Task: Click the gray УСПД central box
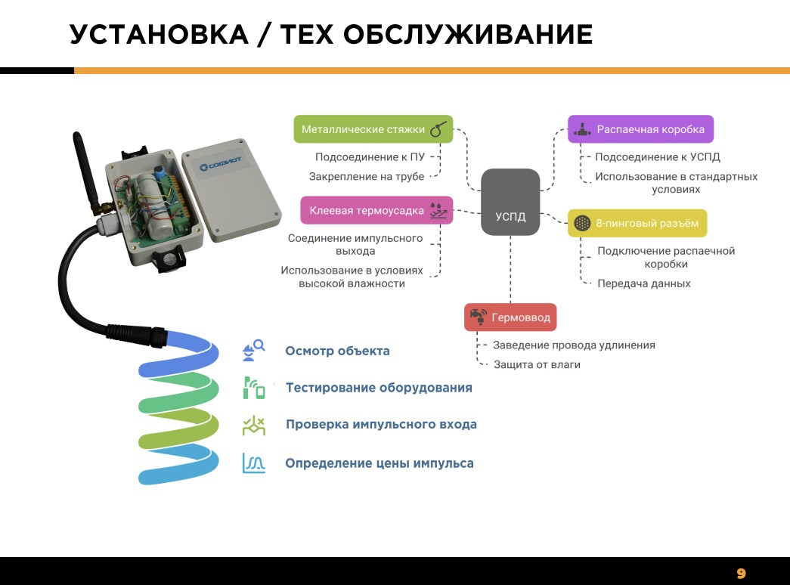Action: pyautogui.click(x=510, y=202)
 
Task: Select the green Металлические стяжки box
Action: pyautogui.click(x=373, y=129)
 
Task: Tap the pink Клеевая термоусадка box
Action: pyautogui.click(x=377, y=210)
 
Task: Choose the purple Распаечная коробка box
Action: pyautogui.click(x=641, y=129)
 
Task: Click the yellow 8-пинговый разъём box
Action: pyautogui.click(x=637, y=223)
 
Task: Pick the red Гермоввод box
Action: pyautogui.click(x=510, y=317)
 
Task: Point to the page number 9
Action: pyautogui.click(x=741, y=574)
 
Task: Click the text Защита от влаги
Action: pyautogui.click(x=537, y=364)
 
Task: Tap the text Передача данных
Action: pyautogui.click(x=644, y=283)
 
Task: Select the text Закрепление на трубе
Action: pyautogui.click(x=367, y=176)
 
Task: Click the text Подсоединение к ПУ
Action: pyautogui.click(x=370, y=156)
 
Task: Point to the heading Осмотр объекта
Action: pyautogui.click(x=338, y=351)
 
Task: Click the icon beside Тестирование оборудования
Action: pyautogui.click(x=254, y=388)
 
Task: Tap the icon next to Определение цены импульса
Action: pyautogui.click(x=254, y=463)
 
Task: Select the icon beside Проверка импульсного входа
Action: pyautogui.click(x=254, y=426)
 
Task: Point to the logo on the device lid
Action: pyautogui.click(x=220, y=164)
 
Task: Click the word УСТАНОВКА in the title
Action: pyautogui.click(x=160, y=34)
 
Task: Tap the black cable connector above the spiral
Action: pyautogui.click(x=137, y=334)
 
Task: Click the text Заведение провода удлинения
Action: pyautogui.click(x=574, y=345)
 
